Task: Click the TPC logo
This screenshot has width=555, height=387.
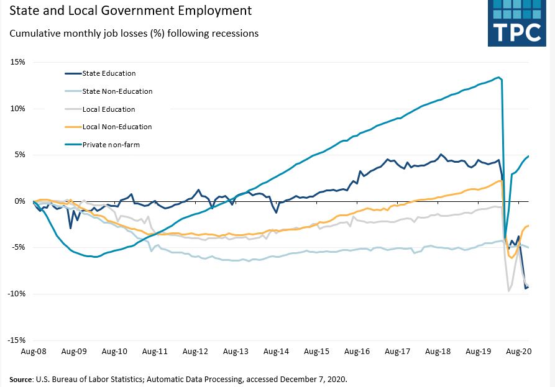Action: pyautogui.click(x=517, y=23)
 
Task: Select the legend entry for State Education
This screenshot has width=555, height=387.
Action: pyautogui.click(x=109, y=73)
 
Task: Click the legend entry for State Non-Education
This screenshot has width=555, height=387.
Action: pyautogui.click(x=117, y=91)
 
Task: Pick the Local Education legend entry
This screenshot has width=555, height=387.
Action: pyautogui.click(x=109, y=109)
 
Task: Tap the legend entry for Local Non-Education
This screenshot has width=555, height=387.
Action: pyautogui.click(x=117, y=127)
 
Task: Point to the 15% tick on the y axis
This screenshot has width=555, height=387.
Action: pyautogui.click(x=17, y=62)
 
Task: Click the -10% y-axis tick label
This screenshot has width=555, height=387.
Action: pyautogui.click(x=16, y=294)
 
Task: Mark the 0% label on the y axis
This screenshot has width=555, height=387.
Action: pyautogui.click(x=19, y=201)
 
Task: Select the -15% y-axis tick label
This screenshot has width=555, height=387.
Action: pyautogui.click(x=16, y=340)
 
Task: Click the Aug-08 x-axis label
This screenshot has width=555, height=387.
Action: pyautogui.click(x=33, y=352)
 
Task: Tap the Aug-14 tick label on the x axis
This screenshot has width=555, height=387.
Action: pyautogui.click(x=276, y=352)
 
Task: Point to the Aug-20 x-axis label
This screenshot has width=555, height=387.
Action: pyautogui.click(x=519, y=352)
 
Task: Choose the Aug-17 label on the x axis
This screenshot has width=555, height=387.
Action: pyautogui.click(x=397, y=352)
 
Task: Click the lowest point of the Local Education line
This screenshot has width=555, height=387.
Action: pyautogui.click(x=509, y=291)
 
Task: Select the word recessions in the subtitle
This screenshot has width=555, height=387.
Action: pyautogui.click(x=234, y=33)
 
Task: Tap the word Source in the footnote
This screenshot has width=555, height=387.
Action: pyautogui.click(x=22, y=379)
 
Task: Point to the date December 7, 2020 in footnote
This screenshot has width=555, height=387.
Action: pyautogui.click(x=309, y=379)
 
